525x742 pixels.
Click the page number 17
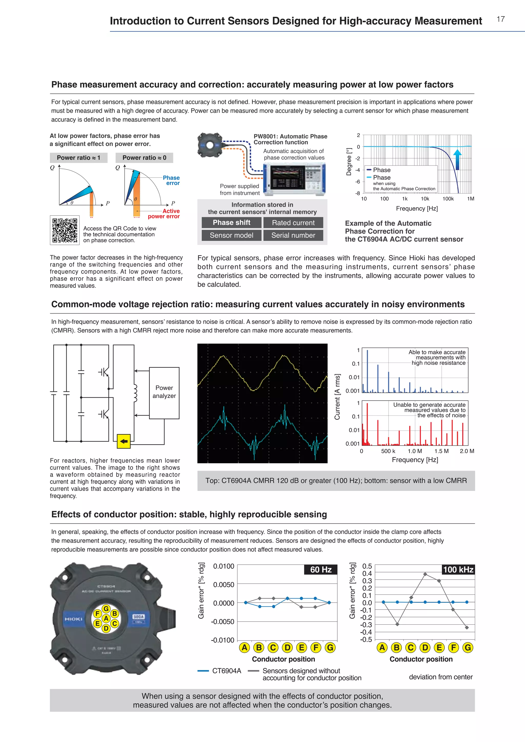[500, 19]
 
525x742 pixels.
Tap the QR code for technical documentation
[65, 230]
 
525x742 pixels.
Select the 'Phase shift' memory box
[231, 223]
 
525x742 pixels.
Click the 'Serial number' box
[293, 235]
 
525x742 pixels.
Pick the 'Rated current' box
[293, 223]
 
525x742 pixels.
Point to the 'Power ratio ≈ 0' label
[144, 158]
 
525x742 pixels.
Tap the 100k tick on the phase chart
[448, 199]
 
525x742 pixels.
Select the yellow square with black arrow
[124, 441]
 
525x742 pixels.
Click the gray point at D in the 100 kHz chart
[425, 574]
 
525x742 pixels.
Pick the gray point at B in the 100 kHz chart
[397, 624]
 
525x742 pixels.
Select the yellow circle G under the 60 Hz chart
[330, 648]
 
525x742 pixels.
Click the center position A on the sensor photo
[106, 619]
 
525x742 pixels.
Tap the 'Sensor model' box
[231, 235]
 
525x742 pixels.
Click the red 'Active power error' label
[164, 214]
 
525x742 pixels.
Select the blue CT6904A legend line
[203, 671]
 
